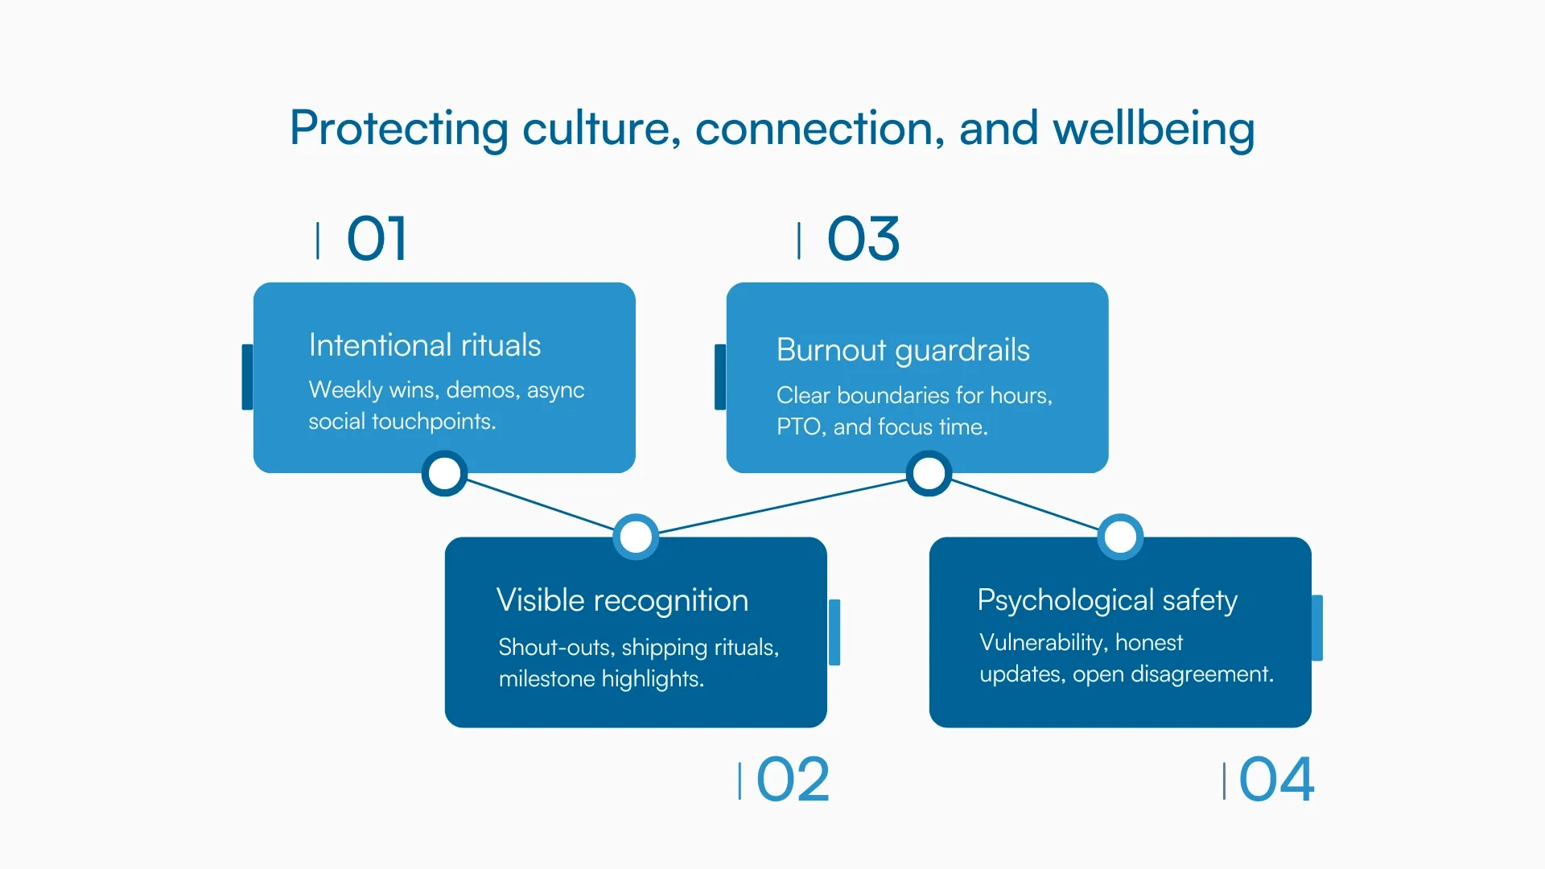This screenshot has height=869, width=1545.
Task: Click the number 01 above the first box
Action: click(x=377, y=239)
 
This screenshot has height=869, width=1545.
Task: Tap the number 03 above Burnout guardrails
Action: click(x=863, y=239)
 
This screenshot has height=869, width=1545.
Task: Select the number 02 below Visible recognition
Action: click(x=793, y=780)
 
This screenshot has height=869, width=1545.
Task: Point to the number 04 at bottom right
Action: click(x=1276, y=780)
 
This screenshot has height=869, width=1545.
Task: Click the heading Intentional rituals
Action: click(x=424, y=345)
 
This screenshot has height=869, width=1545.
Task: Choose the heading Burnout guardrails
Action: click(x=903, y=350)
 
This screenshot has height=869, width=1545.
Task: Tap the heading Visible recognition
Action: click(x=622, y=600)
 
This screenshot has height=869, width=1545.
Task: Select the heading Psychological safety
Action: click(x=1107, y=600)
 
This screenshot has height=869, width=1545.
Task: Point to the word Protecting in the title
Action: click(x=399, y=129)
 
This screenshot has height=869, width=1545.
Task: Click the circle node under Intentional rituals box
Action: click(x=444, y=473)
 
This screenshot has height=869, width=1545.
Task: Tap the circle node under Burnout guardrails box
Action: click(x=929, y=473)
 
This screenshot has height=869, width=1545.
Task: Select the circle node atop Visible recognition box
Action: click(x=636, y=537)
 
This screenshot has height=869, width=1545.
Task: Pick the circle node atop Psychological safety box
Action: click(x=1120, y=537)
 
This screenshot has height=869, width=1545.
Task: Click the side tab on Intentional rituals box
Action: click(x=247, y=377)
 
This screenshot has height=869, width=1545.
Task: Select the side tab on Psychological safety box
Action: click(x=1317, y=628)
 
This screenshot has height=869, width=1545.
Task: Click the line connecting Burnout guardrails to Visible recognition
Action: click(x=782, y=506)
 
